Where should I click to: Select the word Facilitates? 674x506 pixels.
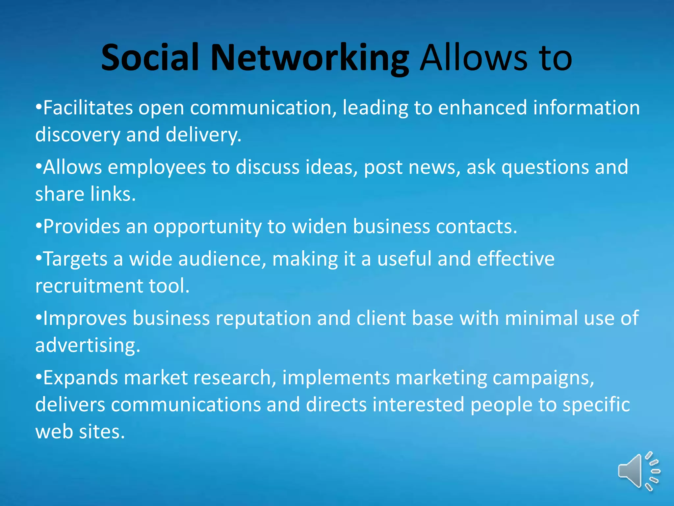tap(88, 108)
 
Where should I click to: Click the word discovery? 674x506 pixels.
tap(78, 135)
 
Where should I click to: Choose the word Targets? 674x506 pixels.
tap(75, 259)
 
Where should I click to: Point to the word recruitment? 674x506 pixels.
tap(89, 286)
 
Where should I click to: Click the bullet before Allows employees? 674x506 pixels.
tap(39, 167)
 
